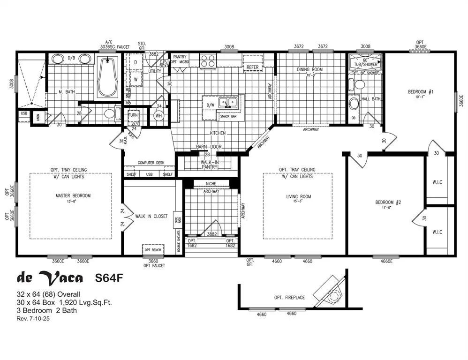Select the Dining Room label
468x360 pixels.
[310, 70]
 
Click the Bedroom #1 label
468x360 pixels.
[421, 92]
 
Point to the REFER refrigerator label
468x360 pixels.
[253, 67]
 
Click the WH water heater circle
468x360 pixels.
[158, 115]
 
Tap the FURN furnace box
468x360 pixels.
[133, 115]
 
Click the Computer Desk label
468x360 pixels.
[149, 163]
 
